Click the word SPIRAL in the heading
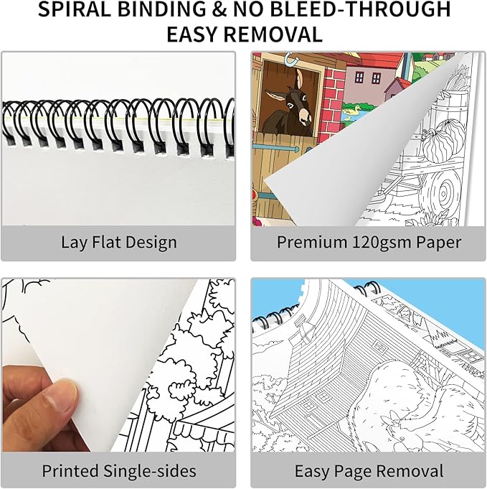[x=75, y=9]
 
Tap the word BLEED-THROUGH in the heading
[x=360, y=9]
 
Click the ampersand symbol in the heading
[x=219, y=9]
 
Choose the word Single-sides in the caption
[x=150, y=471]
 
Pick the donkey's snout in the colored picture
[x=306, y=117]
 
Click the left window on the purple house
[x=359, y=77]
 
